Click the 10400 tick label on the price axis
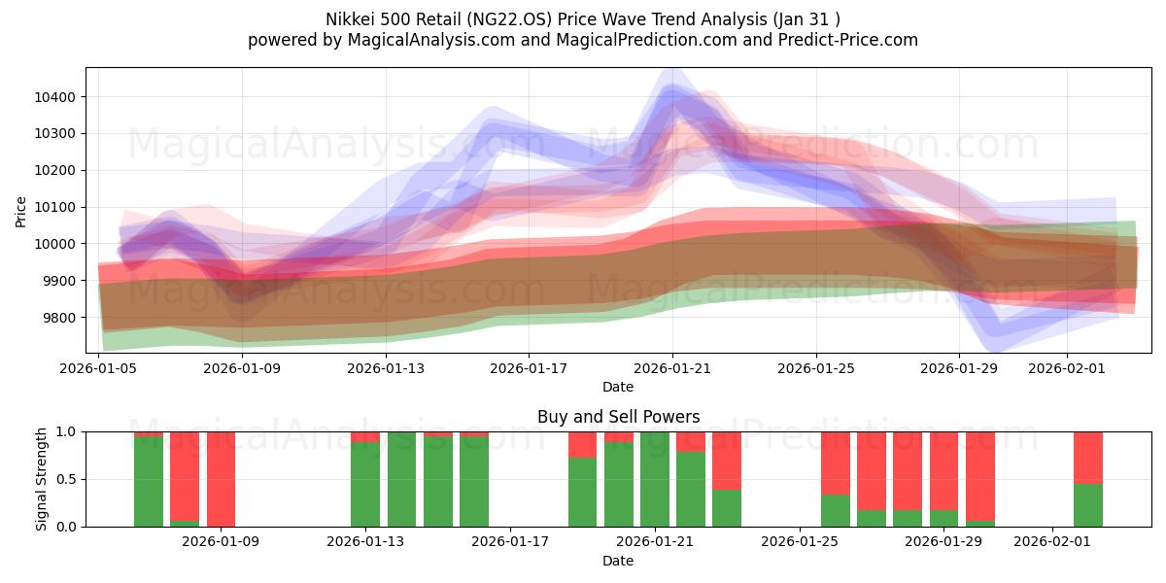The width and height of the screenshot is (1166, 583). pyautogui.click(x=58, y=97)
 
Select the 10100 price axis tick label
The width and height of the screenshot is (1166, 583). pyautogui.click(x=58, y=207)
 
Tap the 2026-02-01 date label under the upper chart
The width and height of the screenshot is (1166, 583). pyautogui.click(x=1067, y=368)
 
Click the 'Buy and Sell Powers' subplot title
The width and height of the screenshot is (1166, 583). pyautogui.click(x=618, y=417)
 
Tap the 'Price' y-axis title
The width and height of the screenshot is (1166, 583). pyautogui.click(x=21, y=211)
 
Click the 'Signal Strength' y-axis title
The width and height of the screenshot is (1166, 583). pyautogui.click(x=41, y=479)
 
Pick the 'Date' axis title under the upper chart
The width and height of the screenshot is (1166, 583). pyautogui.click(x=618, y=387)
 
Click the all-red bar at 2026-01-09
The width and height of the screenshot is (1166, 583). pyautogui.click(x=221, y=479)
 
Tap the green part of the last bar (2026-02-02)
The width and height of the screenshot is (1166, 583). pyautogui.click(x=1088, y=505)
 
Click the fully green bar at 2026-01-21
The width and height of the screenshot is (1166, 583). pyautogui.click(x=655, y=479)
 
